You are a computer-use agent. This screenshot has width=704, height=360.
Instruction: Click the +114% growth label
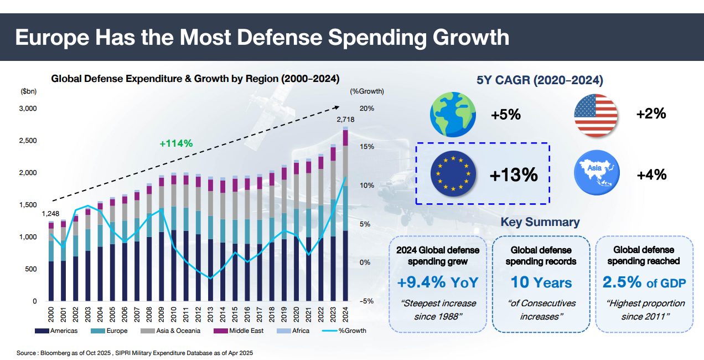[176, 143]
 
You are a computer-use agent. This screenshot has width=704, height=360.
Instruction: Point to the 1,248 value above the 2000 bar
[50, 214]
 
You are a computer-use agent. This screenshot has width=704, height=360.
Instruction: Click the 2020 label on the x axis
[296, 317]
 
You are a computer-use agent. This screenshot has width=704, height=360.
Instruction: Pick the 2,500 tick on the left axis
[27, 141]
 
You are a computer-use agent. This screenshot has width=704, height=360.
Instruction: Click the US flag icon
[596, 115]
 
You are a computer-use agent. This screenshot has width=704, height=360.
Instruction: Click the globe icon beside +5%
[452, 115]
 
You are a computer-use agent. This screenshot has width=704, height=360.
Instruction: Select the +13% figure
[514, 175]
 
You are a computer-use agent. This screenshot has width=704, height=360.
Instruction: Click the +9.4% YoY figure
[437, 282]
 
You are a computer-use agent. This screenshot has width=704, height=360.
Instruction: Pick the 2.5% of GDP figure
[644, 282]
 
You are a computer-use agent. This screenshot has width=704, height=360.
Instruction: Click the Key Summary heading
[540, 222]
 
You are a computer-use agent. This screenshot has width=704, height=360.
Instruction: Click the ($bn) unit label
[28, 91]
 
